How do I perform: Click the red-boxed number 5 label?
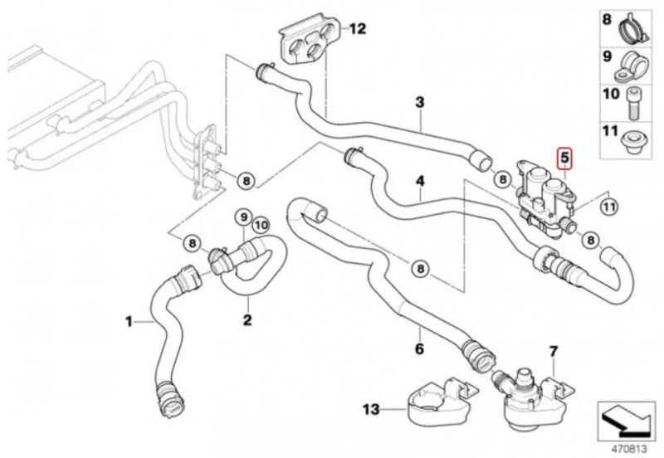click(564, 158)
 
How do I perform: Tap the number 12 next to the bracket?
click(357, 29)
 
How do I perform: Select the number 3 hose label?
click(419, 102)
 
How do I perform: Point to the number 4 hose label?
click(420, 181)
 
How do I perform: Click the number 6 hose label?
click(419, 348)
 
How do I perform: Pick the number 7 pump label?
click(553, 351)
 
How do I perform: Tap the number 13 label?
click(371, 409)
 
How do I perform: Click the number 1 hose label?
click(129, 322)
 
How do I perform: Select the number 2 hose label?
click(247, 319)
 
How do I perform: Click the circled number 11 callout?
click(609, 207)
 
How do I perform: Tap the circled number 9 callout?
click(243, 217)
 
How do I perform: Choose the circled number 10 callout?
click(261, 225)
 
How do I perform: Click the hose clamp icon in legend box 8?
click(633, 30)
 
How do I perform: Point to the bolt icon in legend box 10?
click(632, 103)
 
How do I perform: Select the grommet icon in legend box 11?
click(633, 141)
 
